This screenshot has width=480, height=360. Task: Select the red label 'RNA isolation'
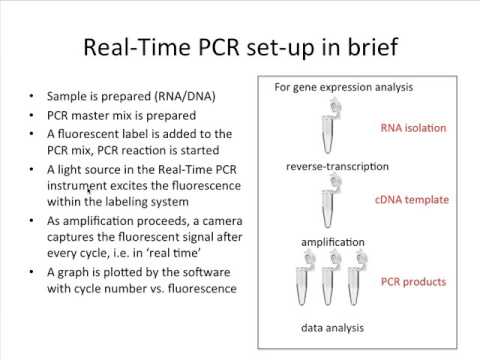(x=413, y=128)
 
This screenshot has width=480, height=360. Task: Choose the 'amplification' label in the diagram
(x=333, y=242)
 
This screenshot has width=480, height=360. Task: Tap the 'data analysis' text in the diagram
(x=333, y=327)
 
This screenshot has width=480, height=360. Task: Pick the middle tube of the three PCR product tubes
(x=337, y=285)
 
